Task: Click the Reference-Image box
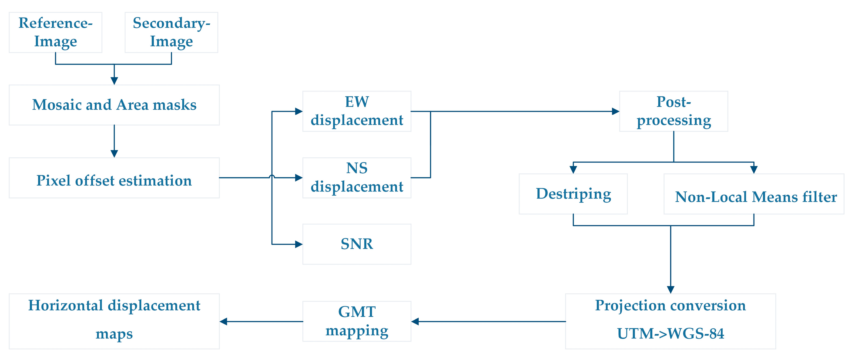coord(55,32)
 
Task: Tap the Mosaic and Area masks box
coord(114,105)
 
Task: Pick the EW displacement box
coord(357,111)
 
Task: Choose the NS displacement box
coord(357,178)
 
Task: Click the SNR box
coord(357,244)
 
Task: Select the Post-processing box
coord(673,111)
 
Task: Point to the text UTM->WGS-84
coord(670,334)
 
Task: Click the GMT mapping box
coord(357,321)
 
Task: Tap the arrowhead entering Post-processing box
coord(615,111)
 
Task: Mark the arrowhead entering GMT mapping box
coord(415,321)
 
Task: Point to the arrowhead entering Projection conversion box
coord(671,290)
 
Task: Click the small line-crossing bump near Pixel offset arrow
coord(272,177)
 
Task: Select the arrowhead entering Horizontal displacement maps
coord(224,321)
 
